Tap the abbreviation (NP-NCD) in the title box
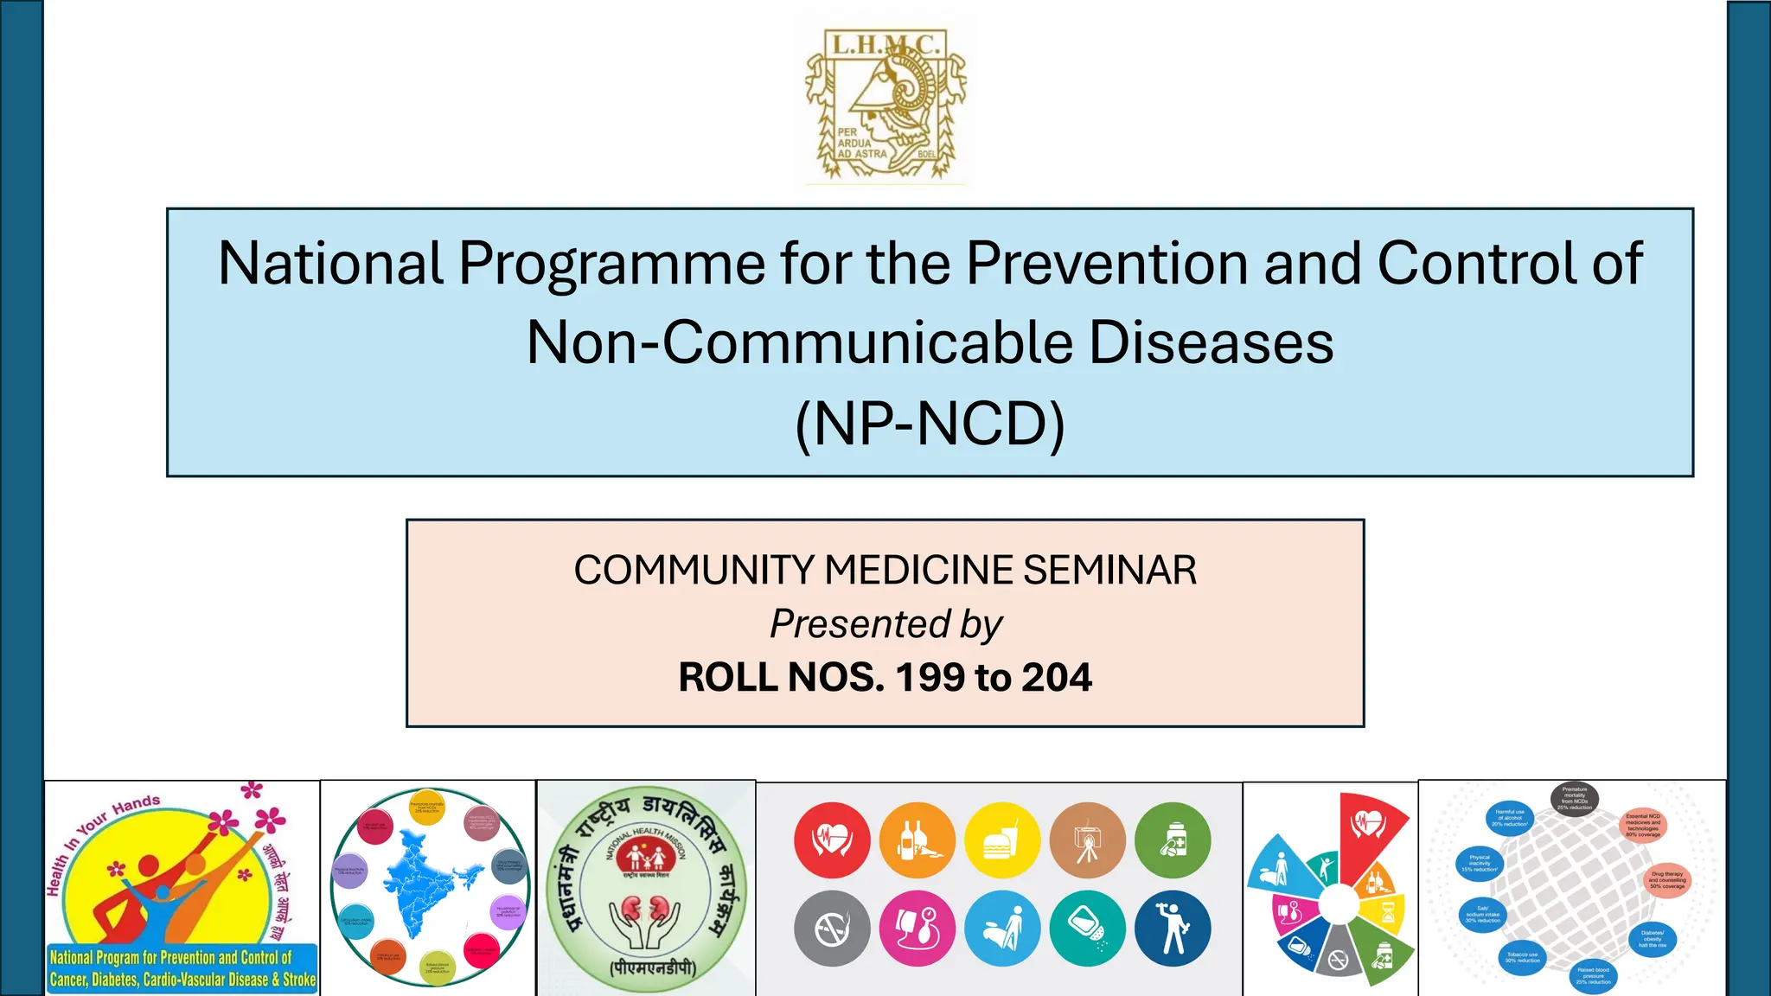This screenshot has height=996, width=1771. (930, 424)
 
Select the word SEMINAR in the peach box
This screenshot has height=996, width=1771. (1109, 571)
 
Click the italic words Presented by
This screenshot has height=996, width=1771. (885, 624)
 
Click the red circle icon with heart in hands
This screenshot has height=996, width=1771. (832, 840)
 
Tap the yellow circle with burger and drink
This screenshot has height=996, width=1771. (1003, 840)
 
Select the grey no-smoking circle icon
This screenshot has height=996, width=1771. (832, 929)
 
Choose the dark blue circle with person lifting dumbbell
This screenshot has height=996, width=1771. (1173, 929)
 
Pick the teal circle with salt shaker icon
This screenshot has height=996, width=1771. (1088, 929)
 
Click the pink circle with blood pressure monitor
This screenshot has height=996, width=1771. (917, 929)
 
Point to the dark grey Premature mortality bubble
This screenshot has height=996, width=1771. (1574, 798)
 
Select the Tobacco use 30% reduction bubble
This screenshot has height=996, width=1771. (1522, 959)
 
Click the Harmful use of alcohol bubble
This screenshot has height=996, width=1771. (1510, 818)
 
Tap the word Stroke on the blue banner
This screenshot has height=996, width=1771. (299, 980)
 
